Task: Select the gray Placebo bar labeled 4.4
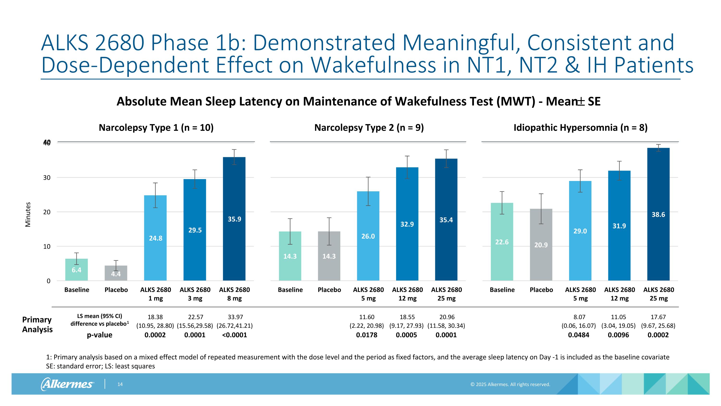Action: pyautogui.click(x=116, y=273)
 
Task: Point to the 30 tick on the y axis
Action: pyautogui.click(x=47, y=178)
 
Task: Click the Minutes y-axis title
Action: pyautogui.click(x=28, y=214)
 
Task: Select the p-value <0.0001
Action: pyautogui.click(x=234, y=335)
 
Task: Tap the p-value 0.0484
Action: pyautogui.click(x=578, y=335)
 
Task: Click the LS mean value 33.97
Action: pyautogui.click(x=235, y=317)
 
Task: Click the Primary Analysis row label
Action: pyautogui.click(x=37, y=324)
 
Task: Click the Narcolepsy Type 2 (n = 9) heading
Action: pyautogui.click(x=369, y=128)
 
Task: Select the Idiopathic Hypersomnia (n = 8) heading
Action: pyautogui.click(x=580, y=128)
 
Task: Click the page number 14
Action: pyautogui.click(x=120, y=384)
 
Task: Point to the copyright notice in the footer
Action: pyautogui.click(x=510, y=384)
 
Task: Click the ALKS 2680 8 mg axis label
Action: pyautogui.click(x=234, y=294)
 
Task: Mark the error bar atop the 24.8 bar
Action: pyautogui.click(x=155, y=195)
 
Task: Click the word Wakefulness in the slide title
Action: pyautogui.click(x=373, y=65)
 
